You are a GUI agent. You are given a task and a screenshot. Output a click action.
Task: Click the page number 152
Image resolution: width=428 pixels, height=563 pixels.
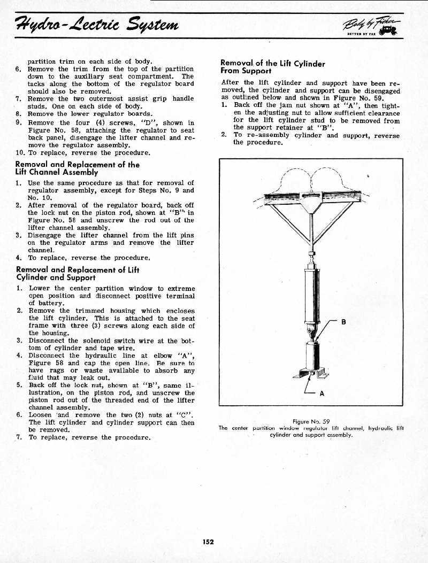coord(208,542)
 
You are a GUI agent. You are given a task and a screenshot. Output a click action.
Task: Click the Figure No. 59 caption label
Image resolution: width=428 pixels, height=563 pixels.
coord(311,421)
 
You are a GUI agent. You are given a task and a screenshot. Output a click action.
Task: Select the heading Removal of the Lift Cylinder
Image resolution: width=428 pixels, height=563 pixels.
coord(273,64)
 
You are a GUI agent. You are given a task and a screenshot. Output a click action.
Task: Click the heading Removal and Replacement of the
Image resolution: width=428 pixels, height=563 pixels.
coord(77,165)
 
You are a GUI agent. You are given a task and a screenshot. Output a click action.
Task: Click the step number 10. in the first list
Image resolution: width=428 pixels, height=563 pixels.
coord(20,152)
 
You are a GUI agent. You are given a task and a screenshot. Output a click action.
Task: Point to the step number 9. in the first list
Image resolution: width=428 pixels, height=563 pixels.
coord(18,122)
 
